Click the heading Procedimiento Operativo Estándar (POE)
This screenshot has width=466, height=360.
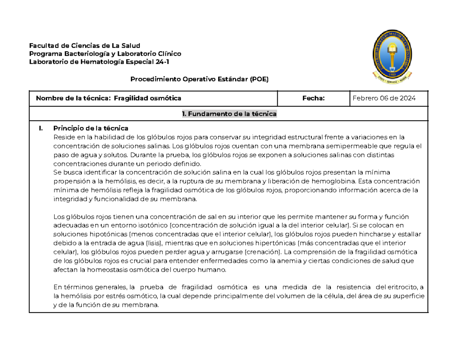tap(199, 79)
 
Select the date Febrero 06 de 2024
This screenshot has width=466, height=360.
tap(384, 99)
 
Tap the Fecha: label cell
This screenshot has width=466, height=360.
tap(313, 99)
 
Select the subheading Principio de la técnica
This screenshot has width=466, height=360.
tap(90, 128)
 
